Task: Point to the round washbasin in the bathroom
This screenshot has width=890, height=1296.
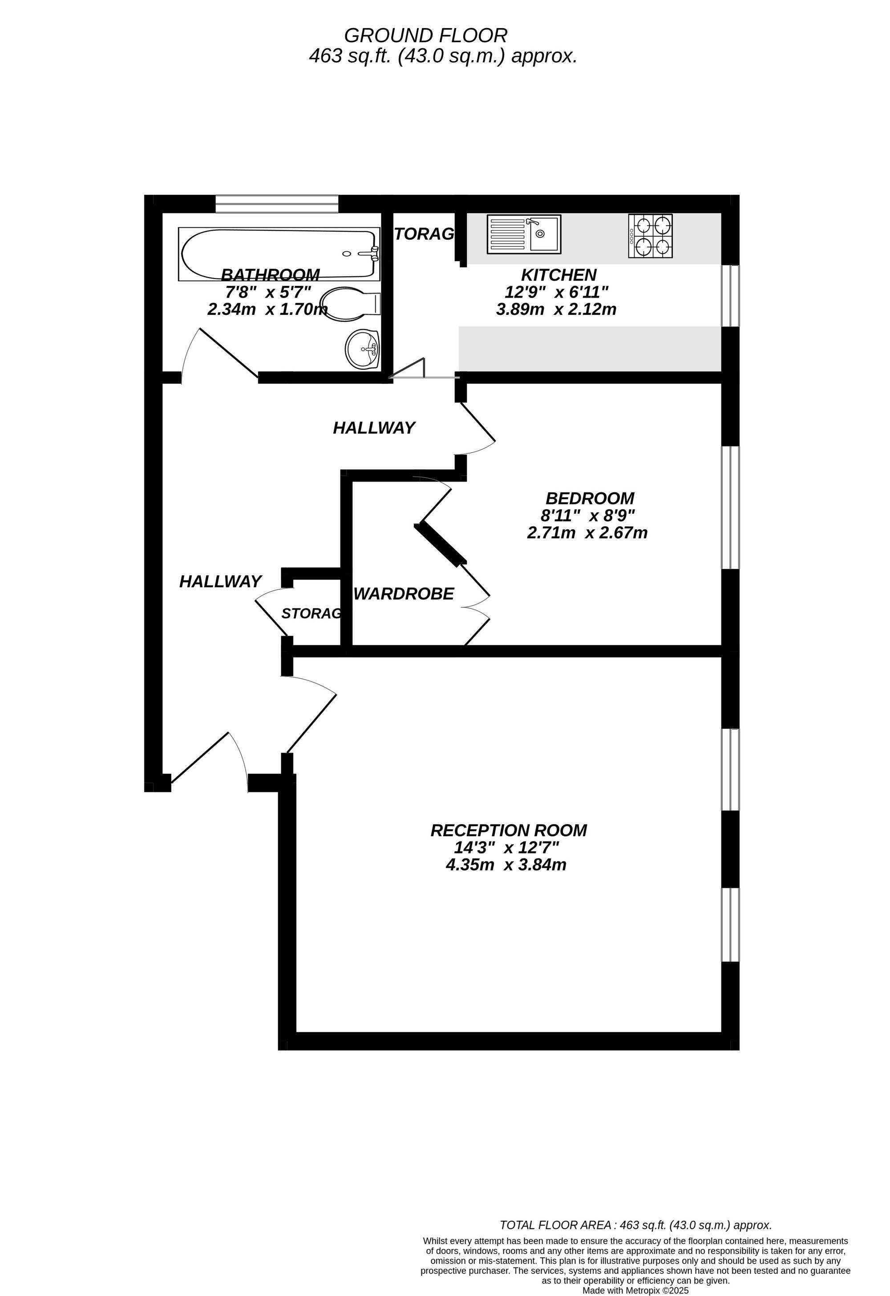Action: (362, 349)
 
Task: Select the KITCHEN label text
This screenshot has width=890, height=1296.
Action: (558, 275)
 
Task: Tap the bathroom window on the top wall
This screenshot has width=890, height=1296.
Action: (277, 204)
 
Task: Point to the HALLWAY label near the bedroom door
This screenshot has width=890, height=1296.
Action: (374, 428)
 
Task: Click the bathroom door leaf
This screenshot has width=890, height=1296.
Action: (228, 352)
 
